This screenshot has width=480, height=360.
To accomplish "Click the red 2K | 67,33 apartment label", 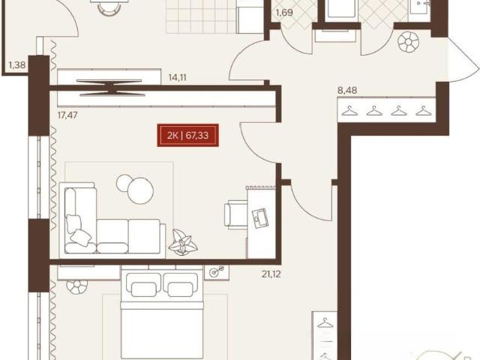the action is click(188, 135).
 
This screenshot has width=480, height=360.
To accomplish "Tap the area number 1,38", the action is click(17, 65).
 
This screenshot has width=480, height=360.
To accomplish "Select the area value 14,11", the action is click(177, 78).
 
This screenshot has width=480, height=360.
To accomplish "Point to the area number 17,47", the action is click(67, 115).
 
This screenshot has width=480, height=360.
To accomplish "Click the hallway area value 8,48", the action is click(347, 90).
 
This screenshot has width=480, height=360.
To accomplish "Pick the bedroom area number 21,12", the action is click(271, 274).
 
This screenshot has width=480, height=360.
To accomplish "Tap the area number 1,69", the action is click(284, 13).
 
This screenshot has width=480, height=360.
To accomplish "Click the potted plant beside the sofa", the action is click(183, 242).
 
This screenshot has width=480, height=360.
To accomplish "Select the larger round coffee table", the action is click(140, 190).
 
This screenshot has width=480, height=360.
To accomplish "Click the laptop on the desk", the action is click(260, 217).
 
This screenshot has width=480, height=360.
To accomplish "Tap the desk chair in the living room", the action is click(235, 214).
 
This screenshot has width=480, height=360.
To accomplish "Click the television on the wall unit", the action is click(110, 88).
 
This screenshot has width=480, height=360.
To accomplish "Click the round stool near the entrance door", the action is click(408, 42).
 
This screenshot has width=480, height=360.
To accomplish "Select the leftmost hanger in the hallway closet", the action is click(350, 111).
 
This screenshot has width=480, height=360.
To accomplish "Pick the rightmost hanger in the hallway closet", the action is click(424, 111).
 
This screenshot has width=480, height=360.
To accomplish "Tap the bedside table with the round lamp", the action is click(217, 272).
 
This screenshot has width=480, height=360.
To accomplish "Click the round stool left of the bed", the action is click(76, 286).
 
